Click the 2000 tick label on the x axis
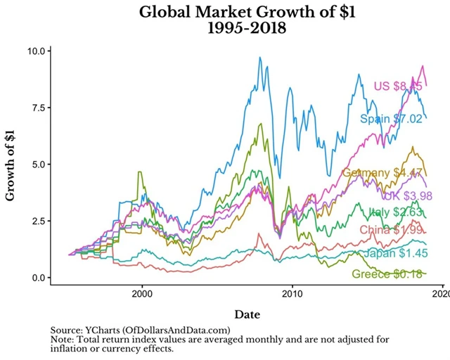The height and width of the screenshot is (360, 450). [142, 292]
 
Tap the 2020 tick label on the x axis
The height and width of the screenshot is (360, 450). [441, 292]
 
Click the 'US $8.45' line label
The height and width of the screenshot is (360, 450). [397, 86]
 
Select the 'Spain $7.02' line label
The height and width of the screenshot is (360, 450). [392, 119]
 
